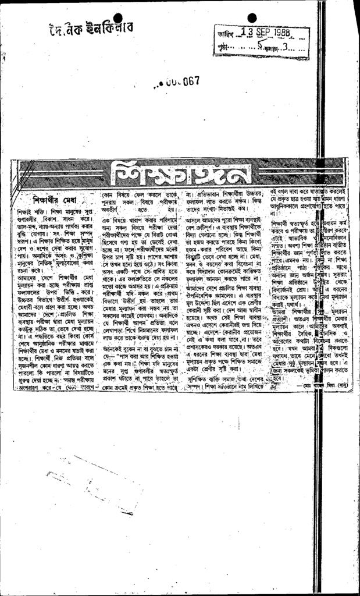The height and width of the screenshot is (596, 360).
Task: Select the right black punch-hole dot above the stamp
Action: click(251, 18)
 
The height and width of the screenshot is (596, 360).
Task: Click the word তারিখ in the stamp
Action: click(224, 34)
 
